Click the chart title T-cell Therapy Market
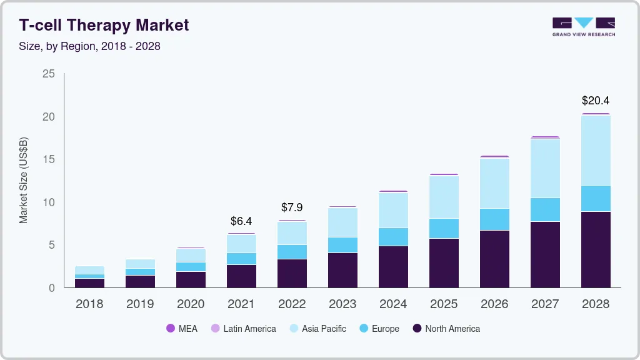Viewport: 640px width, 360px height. point(104,26)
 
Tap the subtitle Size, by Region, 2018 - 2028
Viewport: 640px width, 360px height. point(89,46)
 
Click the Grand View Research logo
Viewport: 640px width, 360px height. point(583,26)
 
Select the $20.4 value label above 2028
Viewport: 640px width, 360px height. point(595,100)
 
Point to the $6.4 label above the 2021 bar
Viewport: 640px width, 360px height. point(241,221)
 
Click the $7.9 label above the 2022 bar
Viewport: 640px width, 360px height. point(292,207)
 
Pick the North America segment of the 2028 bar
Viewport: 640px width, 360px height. point(595,249)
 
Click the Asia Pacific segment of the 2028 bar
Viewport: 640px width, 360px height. point(595,151)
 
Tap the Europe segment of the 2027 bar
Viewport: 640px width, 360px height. point(545,209)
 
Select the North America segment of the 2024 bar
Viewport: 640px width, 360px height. point(393,266)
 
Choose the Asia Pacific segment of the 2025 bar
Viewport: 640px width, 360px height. point(444,197)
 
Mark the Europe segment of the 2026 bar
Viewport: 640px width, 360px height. point(494,219)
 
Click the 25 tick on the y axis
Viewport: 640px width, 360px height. point(49,74)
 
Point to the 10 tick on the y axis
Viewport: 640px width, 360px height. point(49,202)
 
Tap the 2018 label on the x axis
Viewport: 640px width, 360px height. point(89,304)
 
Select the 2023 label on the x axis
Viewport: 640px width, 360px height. point(342,304)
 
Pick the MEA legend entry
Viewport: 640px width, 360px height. point(182,328)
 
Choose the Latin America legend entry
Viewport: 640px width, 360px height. point(244,328)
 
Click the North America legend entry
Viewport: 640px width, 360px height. point(446,328)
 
